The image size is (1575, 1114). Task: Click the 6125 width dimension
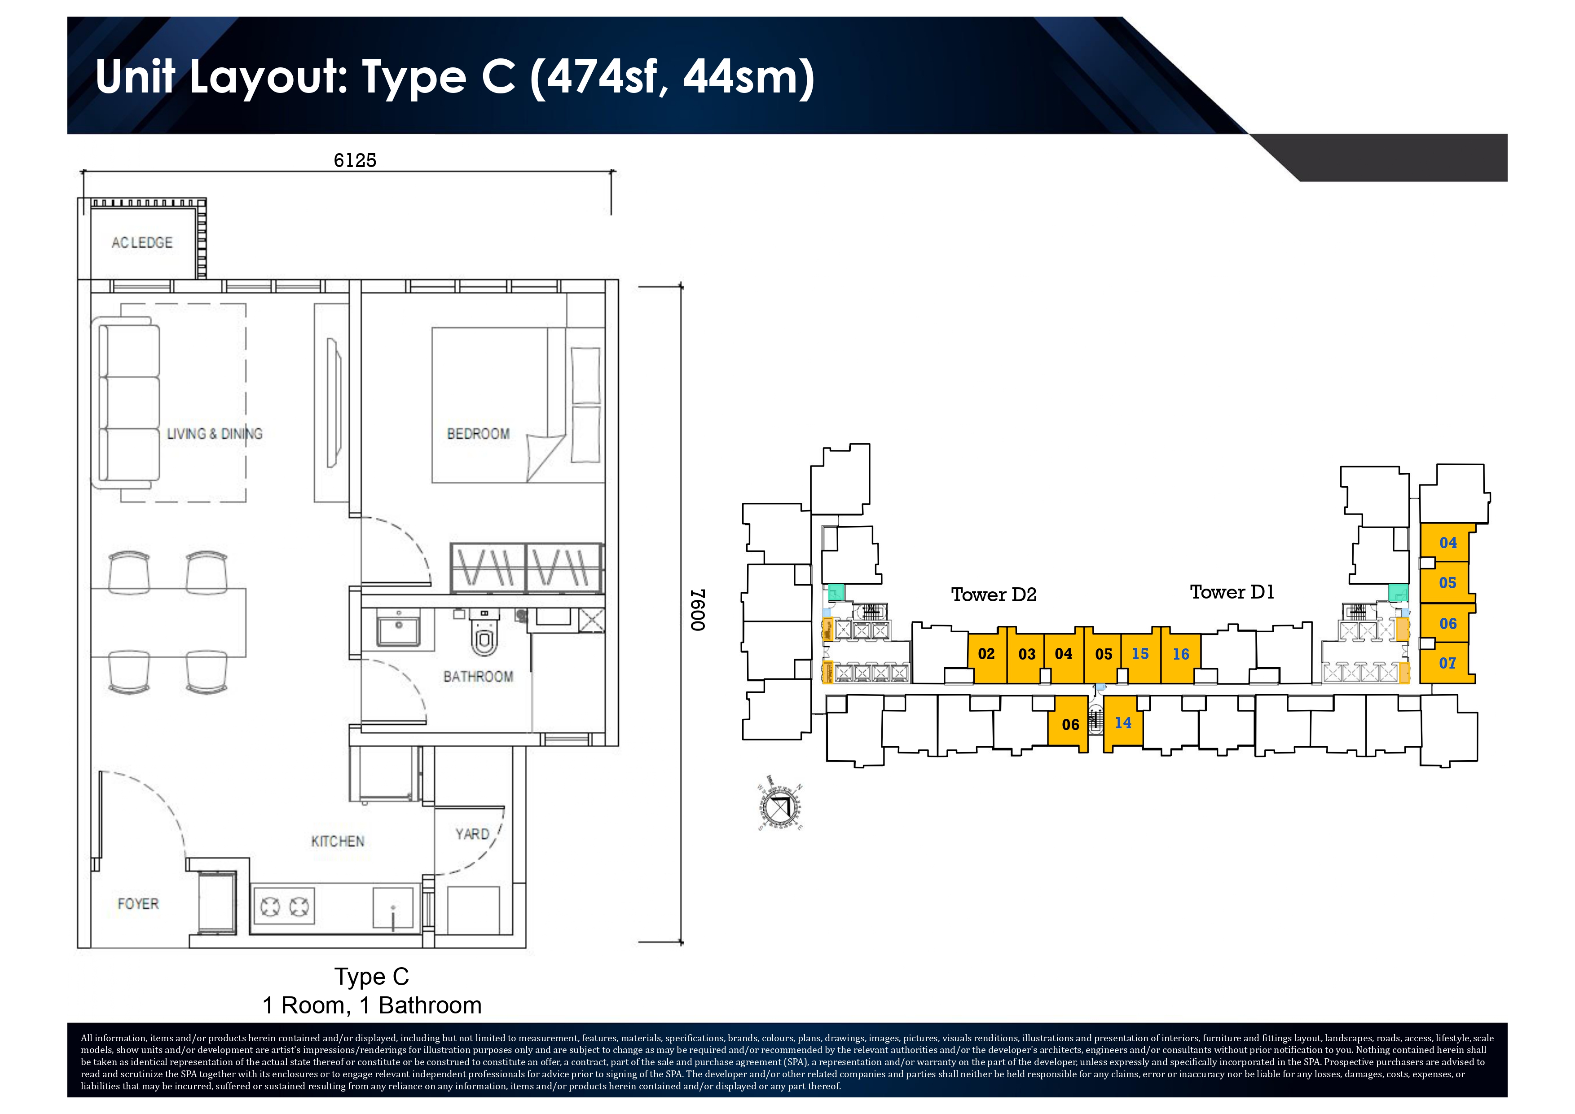[x=355, y=160]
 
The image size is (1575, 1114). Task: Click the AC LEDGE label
[x=142, y=243]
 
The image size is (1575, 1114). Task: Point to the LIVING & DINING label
[x=215, y=434]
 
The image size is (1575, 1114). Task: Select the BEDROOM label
[x=478, y=434]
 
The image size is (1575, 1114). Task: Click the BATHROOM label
[x=478, y=676]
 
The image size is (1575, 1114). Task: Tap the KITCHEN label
[x=338, y=841]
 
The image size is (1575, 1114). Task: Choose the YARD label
[x=472, y=834]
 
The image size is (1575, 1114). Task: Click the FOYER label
[x=138, y=903]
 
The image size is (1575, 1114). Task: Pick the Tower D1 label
[x=1232, y=592]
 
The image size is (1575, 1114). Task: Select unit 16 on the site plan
[x=1180, y=654]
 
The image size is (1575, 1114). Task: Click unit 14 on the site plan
[x=1123, y=723]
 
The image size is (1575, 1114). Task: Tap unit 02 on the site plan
[x=986, y=654]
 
